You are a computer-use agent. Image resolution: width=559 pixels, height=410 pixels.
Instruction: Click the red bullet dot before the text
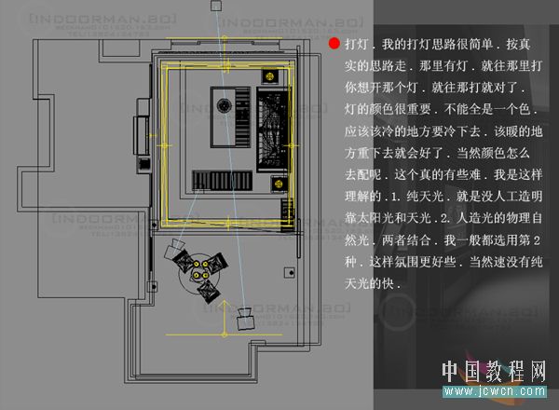coord(334,44)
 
